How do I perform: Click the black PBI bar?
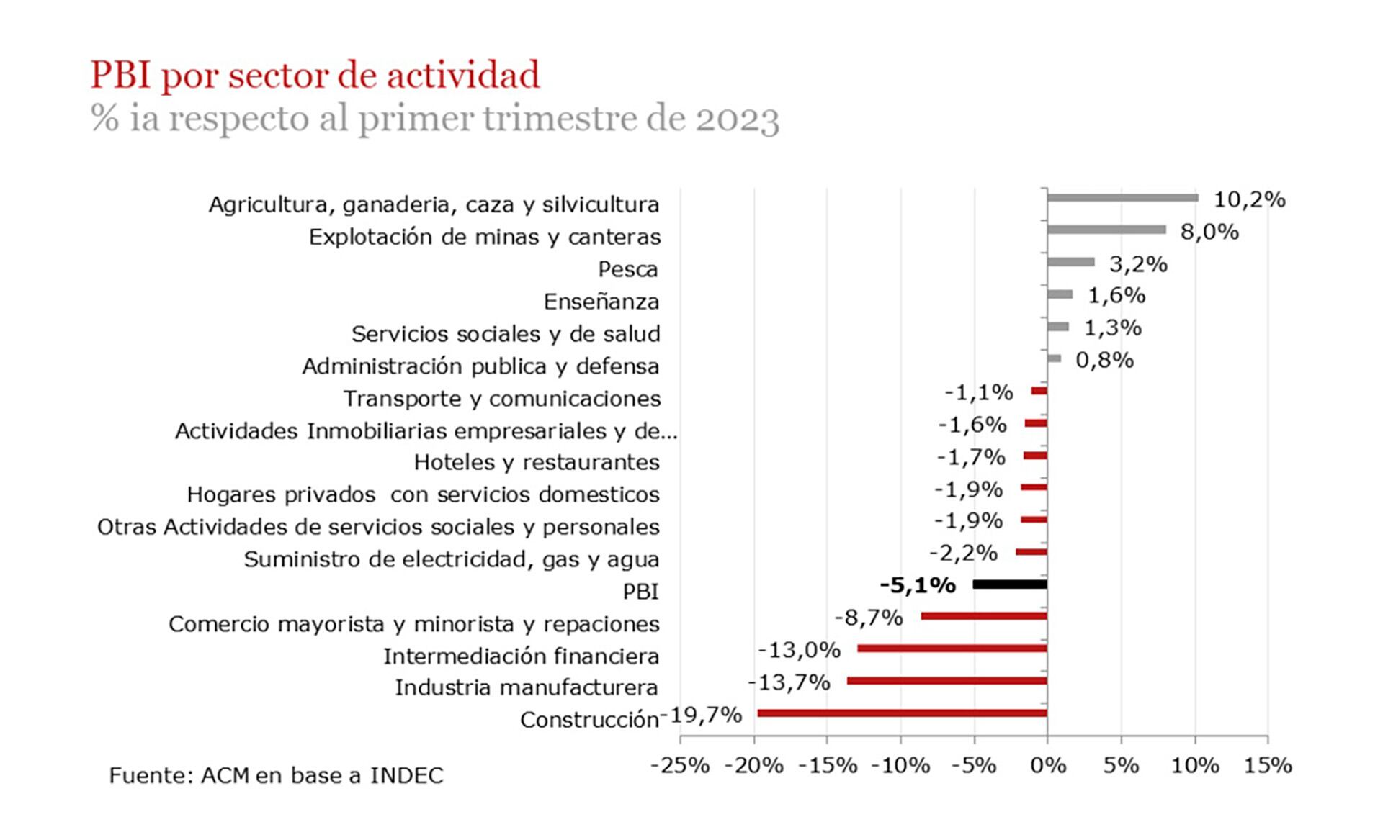click(x=1009, y=584)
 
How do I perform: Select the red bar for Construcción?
click(x=902, y=713)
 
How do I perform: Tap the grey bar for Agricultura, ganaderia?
click(x=1122, y=198)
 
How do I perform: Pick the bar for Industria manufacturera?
click(x=946, y=681)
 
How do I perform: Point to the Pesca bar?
click(x=1070, y=262)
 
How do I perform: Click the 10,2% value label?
click(x=1249, y=200)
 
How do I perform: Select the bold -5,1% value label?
click(x=917, y=585)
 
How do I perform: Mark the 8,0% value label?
click(x=1209, y=232)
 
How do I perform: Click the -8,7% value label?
click(x=868, y=618)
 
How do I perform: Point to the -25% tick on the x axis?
click(x=679, y=765)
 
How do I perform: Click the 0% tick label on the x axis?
click(x=1047, y=765)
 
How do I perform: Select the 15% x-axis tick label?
click(x=1268, y=765)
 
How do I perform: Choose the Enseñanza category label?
click(x=601, y=302)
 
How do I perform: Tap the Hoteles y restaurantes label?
click(x=536, y=462)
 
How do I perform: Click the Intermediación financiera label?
click(x=521, y=656)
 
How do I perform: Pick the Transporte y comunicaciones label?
click(x=501, y=399)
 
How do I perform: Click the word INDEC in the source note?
click(x=406, y=775)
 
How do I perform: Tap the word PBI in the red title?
click(x=120, y=75)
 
